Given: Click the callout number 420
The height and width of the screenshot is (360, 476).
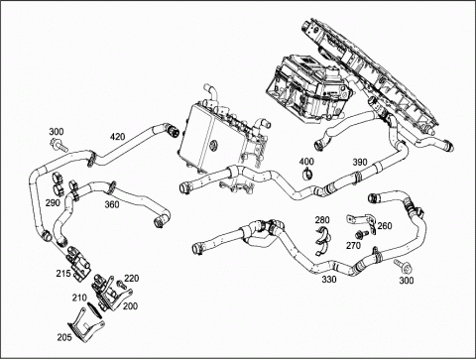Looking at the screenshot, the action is (x=118, y=136).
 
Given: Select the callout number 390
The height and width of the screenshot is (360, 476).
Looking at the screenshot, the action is (x=360, y=162).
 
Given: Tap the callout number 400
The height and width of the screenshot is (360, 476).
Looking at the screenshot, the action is (x=306, y=162).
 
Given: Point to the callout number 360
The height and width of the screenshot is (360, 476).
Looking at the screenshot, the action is (x=112, y=204).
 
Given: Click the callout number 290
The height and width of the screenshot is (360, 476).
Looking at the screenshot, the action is (x=53, y=202).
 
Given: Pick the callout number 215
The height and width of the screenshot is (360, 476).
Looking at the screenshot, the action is (x=63, y=274).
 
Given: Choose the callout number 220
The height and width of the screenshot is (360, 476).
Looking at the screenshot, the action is (x=132, y=279).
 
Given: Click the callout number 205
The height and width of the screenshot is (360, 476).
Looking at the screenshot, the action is (x=64, y=337).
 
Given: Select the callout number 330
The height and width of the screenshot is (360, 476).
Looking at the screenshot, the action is (x=329, y=280).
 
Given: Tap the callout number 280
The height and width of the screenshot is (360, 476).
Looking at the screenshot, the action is (x=322, y=220).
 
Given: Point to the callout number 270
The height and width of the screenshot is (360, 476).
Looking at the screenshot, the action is (x=354, y=246).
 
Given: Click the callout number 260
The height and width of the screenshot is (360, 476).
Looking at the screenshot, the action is (x=385, y=226).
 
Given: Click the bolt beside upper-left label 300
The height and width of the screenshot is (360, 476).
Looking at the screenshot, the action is (x=59, y=146).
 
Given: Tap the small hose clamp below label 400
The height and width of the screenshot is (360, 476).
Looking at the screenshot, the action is (x=307, y=173).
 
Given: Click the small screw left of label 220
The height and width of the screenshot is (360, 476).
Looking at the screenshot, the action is (x=121, y=284).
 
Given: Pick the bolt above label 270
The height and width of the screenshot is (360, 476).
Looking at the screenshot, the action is (x=361, y=234).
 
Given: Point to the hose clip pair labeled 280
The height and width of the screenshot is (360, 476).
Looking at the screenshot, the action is (x=323, y=241).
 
